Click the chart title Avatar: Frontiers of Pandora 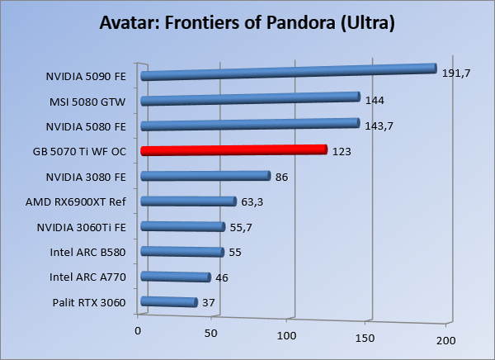[247, 21]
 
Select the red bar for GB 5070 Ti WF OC [234, 150]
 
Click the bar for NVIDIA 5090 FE [289, 72]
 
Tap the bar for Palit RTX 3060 [169, 302]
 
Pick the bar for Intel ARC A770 [176, 277]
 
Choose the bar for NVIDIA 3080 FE [205, 175]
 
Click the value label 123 [342, 152]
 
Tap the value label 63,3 [252, 202]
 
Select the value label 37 [209, 303]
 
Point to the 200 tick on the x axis [445, 340]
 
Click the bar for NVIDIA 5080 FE [251, 125]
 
